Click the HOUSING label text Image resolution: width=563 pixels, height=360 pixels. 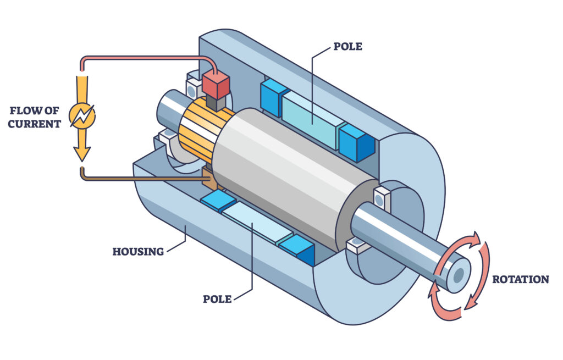point(138,252)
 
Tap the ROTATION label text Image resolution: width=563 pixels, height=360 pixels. point(520,279)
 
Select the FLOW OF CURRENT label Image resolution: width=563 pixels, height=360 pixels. point(34,118)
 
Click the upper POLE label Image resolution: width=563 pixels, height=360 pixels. point(347,47)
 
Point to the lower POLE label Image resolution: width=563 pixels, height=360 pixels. point(217,299)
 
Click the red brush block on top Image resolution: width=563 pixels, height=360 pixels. point(216,84)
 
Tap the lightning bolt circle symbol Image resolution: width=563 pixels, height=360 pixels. point(82,116)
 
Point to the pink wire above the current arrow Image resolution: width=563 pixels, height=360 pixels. point(143,57)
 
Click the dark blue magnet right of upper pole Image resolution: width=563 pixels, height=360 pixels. point(357,143)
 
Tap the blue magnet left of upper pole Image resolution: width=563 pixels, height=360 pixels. point(273,97)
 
